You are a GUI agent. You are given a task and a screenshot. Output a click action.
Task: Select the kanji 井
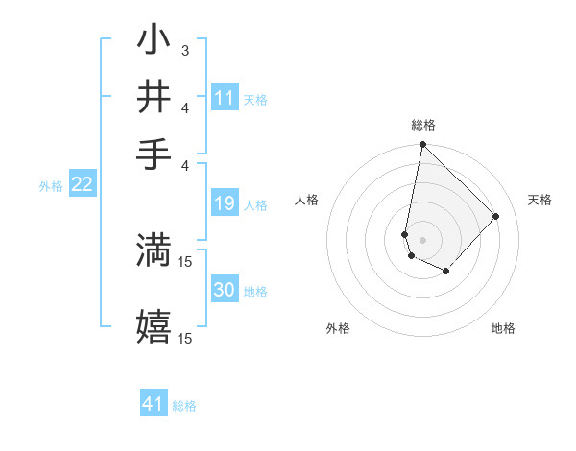coord(155,97)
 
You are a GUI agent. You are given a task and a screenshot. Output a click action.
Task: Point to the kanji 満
coord(155,249)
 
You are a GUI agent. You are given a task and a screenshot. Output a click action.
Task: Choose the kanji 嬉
coord(155,325)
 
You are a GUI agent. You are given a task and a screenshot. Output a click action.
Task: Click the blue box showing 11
coord(225,98)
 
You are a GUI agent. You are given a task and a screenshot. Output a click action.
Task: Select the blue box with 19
coord(225,203)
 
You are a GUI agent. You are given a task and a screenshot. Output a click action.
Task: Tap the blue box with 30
coord(225,290)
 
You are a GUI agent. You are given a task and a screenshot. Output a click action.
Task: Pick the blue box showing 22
coord(82,185)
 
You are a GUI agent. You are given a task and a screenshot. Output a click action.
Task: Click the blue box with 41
coord(154,404)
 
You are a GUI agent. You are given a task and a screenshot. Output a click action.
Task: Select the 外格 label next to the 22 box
coord(50,186)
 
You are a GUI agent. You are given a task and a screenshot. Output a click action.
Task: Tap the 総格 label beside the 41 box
coord(184,406)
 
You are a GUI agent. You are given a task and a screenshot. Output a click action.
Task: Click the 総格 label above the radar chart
coord(422,125)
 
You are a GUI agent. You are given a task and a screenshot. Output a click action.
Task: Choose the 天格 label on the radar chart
coord(540,200)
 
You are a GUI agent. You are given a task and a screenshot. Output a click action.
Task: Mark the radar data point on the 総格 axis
coord(422,146)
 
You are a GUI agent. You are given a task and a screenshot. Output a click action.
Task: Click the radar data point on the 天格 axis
coord(496,216)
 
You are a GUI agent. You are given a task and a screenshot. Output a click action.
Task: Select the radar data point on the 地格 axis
coord(446,272)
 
